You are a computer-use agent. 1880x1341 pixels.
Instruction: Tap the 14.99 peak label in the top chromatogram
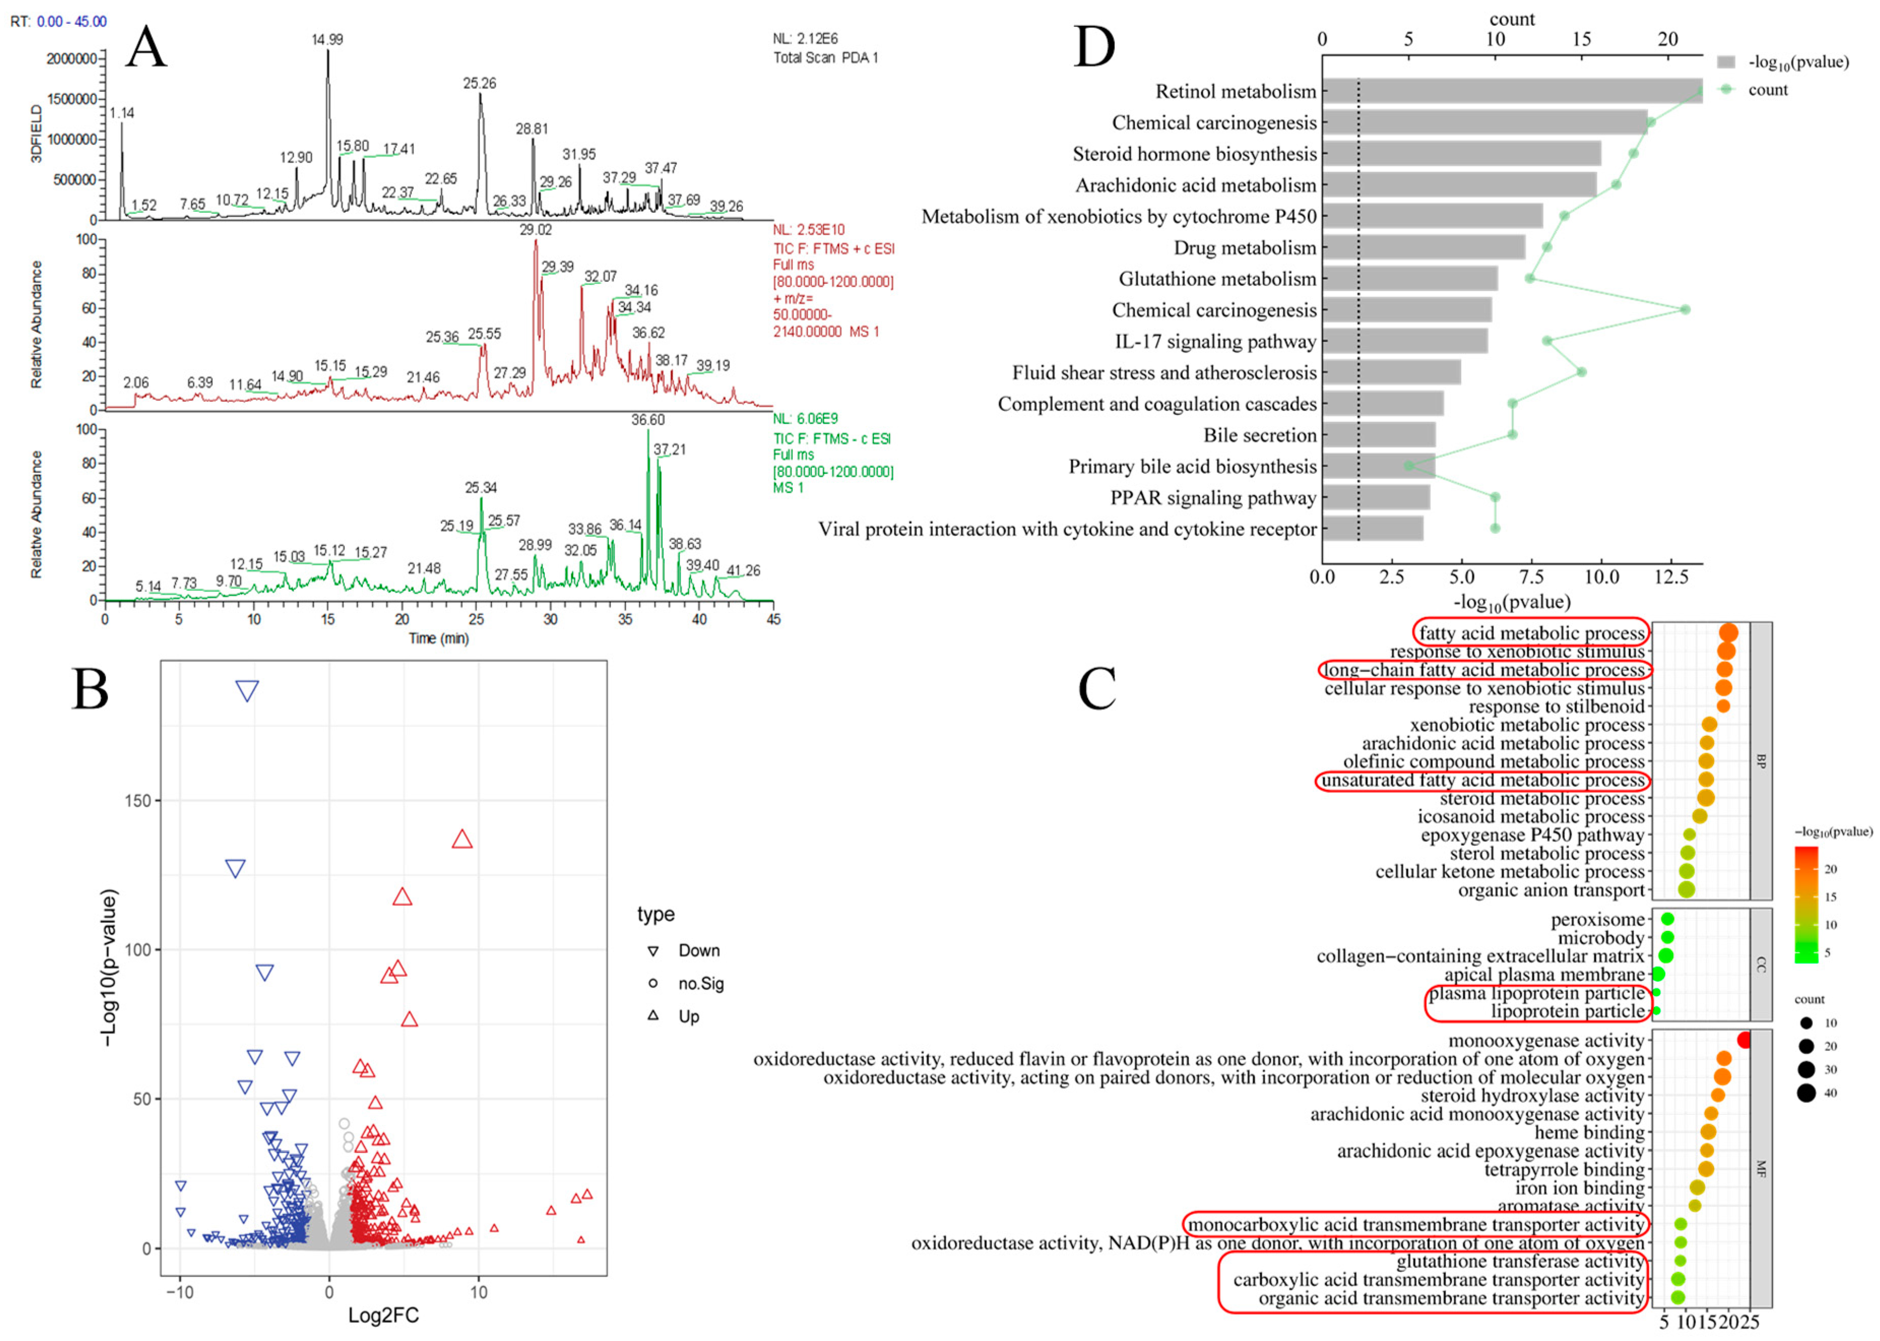[327, 40]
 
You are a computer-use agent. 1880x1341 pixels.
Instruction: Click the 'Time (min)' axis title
[438, 638]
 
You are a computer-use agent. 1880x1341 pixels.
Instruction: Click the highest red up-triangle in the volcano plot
[462, 840]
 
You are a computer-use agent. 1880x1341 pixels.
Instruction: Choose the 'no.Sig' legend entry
[700, 983]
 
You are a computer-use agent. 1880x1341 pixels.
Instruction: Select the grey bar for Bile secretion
[1378, 435]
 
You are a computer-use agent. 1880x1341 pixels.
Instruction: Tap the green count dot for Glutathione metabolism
[1529, 278]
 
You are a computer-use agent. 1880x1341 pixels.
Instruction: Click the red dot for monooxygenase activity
[1744, 1040]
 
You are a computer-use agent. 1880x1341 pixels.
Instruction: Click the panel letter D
[1094, 48]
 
